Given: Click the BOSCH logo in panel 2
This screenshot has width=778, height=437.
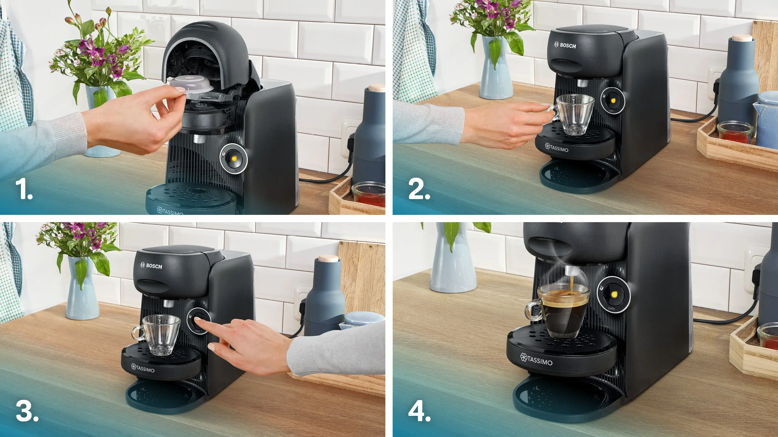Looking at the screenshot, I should click(565, 46).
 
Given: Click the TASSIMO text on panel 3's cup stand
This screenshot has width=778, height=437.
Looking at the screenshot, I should click(143, 368).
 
